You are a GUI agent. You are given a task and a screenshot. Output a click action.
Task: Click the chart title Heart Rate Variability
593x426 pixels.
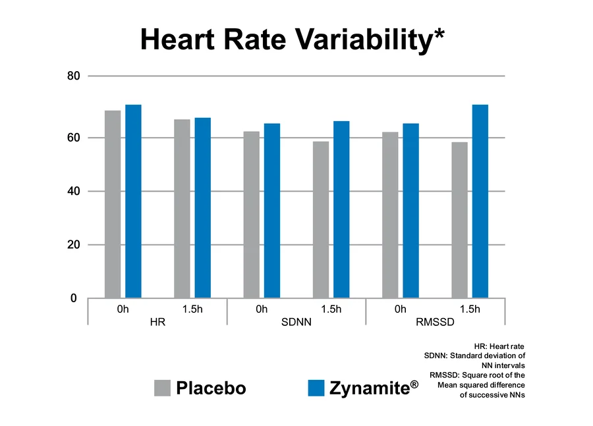pyautogui.click(x=292, y=40)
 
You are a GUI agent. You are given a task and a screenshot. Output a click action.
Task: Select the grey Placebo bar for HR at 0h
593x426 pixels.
pyautogui.click(x=113, y=204)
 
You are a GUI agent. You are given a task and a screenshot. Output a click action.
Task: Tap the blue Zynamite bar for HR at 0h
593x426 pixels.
pyautogui.click(x=133, y=201)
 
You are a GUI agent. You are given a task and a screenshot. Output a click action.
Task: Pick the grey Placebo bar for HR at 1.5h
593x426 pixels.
pyautogui.click(x=182, y=209)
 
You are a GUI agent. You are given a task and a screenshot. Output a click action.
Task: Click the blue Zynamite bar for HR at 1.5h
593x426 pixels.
pyautogui.click(x=202, y=208)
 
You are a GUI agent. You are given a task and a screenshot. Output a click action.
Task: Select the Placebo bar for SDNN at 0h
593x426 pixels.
pyautogui.click(x=251, y=215)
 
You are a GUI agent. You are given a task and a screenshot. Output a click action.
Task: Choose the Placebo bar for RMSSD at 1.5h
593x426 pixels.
pyautogui.click(x=459, y=220)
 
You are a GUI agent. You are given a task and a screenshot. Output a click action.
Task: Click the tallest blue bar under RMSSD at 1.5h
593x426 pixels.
pyautogui.click(x=480, y=201)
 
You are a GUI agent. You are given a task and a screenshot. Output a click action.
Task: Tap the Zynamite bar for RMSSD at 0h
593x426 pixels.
pyautogui.click(x=410, y=211)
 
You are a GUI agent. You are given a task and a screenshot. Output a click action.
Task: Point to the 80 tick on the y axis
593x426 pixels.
pyautogui.click(x=74, y=76)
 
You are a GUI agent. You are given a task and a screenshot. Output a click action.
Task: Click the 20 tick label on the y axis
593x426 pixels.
pyautogui.click(x=74, y=245)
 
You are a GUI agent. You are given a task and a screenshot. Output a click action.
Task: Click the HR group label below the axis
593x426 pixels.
pyautogui.click(x=157, y=324)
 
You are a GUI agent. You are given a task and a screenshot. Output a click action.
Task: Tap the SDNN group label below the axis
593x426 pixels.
pyautogui.click(x=296, y=324)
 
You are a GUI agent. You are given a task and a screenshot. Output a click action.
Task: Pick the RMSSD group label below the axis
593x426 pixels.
pyautogui.click(x=435, y=324)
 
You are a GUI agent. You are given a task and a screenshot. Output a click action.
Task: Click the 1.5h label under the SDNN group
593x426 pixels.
pyautogui.click(x=331, y=309)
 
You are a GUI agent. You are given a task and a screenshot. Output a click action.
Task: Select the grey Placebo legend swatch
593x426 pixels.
pyautogui.click(x=162, y=388)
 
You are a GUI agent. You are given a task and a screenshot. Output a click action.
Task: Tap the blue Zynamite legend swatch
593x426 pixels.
pyautogui.click(x=317, y=388)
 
